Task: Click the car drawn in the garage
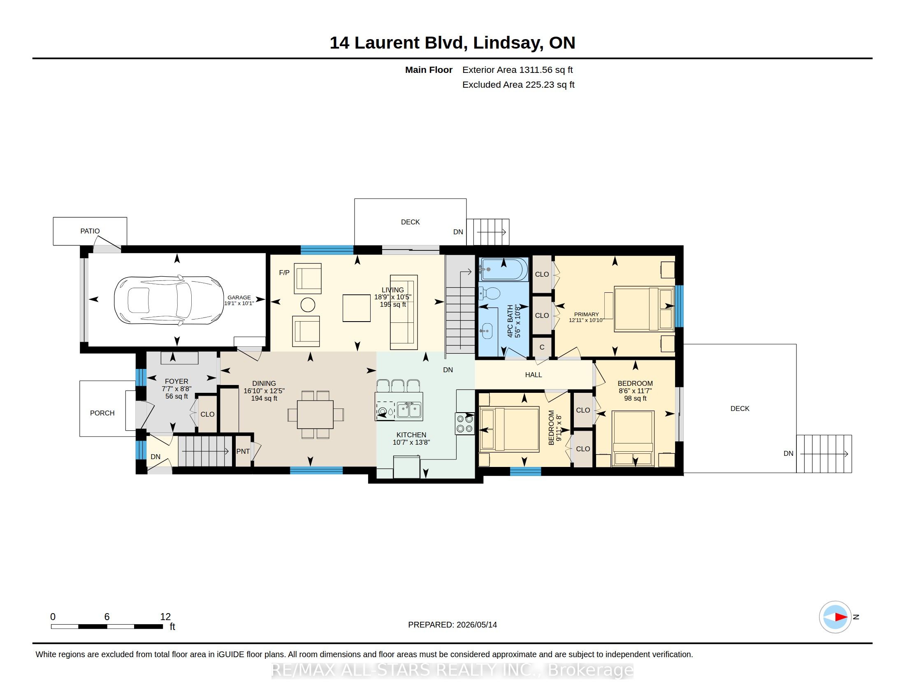pos(169,300)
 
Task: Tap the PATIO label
pos(90,231)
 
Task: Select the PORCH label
pos(102,413)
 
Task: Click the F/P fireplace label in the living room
pos(284,273)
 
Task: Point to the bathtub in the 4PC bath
pos(504,269)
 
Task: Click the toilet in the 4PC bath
pos(490,293)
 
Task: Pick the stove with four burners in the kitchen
pos(464,423)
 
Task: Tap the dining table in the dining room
pos(316,414)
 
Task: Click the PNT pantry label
pos(243,451)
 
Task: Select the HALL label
pos(533,375)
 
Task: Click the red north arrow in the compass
pos(841,617)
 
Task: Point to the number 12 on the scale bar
pos(165,617)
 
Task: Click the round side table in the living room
pos(307,305)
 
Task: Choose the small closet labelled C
pos(542,347)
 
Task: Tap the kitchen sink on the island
pos(409,410)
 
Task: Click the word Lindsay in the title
pos(508,43)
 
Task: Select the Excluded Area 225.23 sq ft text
pos(518,84)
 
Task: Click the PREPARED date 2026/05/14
pos(476,625)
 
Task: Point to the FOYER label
pos(176,381)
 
